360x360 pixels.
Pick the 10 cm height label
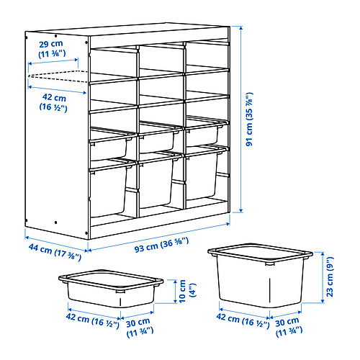click(184, 292)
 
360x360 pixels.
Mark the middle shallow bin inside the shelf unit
click(156, 139)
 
